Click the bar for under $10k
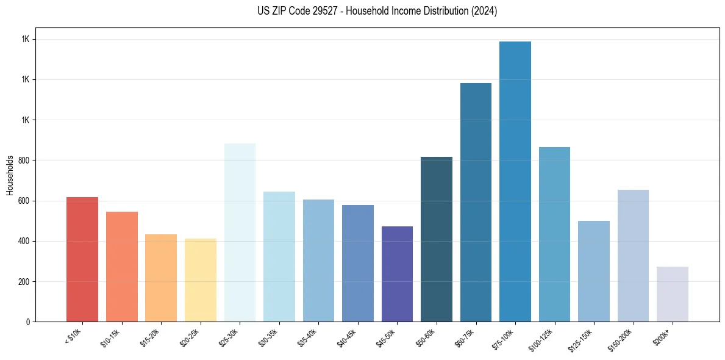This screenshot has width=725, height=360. (x=82, y=259)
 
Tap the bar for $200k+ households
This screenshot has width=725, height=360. (x=673, y=294)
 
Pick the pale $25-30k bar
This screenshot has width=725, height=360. (x=240, y=232)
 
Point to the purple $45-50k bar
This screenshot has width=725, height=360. (x=397, y=274)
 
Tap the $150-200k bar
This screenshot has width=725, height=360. (x=633, y=256)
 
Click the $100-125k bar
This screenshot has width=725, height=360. (x=554, y=234)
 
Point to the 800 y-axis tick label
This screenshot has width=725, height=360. (x=23, y=160)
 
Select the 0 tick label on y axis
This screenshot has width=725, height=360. (x=28, y=322)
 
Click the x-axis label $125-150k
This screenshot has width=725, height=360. (x=582, y=339)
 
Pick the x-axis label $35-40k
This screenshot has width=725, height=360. (x=307, y=337)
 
